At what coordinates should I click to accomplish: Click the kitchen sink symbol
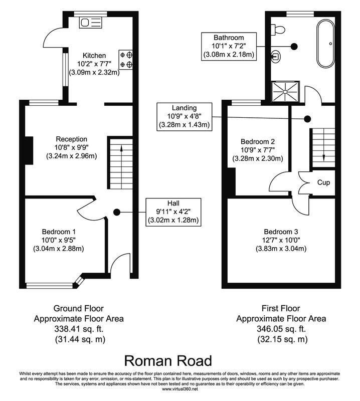91,23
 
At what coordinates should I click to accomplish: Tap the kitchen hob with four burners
126,59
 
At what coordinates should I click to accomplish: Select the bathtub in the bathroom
325,44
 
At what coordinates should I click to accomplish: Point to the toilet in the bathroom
278,30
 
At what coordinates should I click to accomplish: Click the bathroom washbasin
276,56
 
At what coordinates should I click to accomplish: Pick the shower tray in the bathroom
285,91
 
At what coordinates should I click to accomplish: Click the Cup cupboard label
323,182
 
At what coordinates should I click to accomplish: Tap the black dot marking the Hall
117,212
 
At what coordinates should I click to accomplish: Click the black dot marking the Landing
307,119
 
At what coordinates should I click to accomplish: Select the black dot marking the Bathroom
294,46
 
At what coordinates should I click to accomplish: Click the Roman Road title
168,361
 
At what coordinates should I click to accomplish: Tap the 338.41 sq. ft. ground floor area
79,329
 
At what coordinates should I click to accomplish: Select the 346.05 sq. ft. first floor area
281,329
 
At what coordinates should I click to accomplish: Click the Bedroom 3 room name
281,232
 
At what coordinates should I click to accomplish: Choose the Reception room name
71,139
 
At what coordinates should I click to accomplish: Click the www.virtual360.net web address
180,389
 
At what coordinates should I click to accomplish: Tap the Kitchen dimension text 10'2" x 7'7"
94,64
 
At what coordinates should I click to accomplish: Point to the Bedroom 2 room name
258,141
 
